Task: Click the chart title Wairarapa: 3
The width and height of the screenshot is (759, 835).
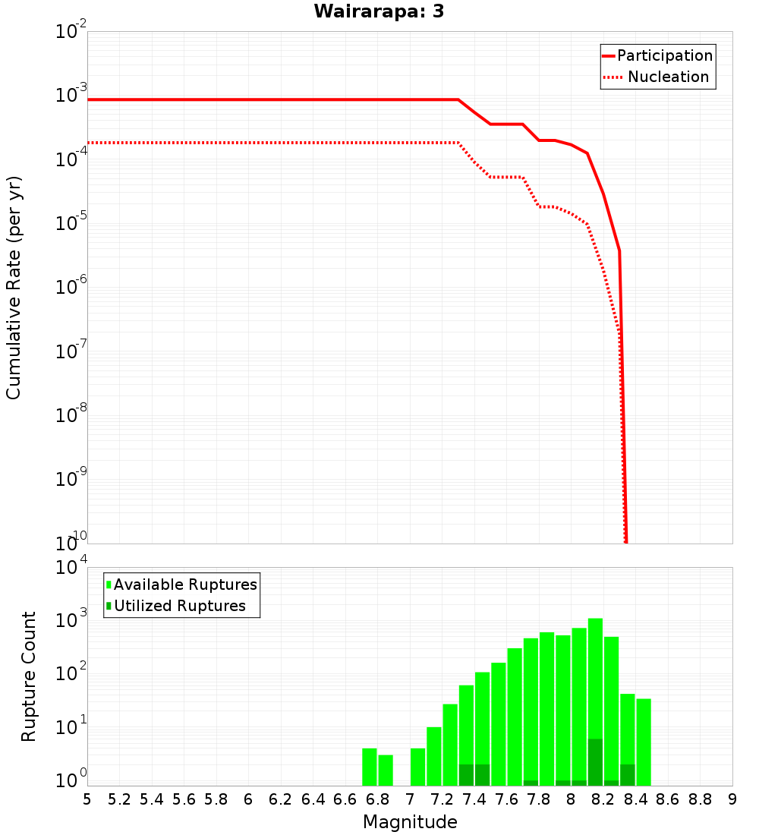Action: pyautogui.click(x=379, y=11)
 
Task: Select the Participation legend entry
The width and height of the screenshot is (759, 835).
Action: pyautogui.click(x=657, y=56)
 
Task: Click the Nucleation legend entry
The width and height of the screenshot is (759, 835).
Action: pyautogui.click(x=657, y=77)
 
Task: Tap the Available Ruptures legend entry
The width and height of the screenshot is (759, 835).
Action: pyautogui.click(x=182, y=584)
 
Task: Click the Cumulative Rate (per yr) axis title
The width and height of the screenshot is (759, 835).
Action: pyautogui.click(x=14, y=288)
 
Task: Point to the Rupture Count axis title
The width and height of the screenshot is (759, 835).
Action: pyautogui.click(x=29, y=676)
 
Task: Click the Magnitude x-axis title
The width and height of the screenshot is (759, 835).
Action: pyautogui.click(x=410, y=822)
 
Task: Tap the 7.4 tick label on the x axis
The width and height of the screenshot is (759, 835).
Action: pyautogui.click(x=474, y=799)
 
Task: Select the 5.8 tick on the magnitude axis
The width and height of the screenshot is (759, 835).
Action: pyautogui.click(x=216, y=799)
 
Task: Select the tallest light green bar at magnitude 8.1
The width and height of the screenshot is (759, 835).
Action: pyautogui.click(x=595, y=676)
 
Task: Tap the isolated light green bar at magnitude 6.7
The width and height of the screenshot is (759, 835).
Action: pyautogui.click(x=370, y=767)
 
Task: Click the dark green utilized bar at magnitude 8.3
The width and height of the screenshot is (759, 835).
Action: pyautogui.click(x=628, y=775)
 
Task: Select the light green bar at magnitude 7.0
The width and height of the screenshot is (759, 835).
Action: pyautogui.click(x=417, y=767)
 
